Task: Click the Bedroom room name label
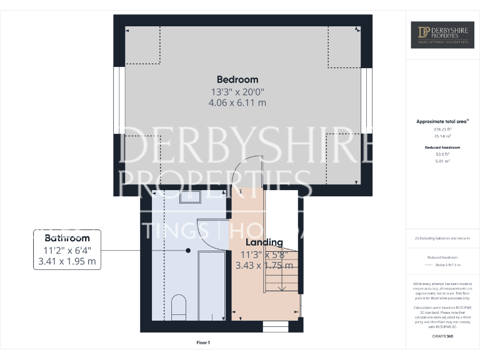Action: [237, 79]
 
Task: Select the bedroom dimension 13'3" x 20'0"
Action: [237, 91]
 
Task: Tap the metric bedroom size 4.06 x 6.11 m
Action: [237, 102]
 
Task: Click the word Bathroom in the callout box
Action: [67, 238]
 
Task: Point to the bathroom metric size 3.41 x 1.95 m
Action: [67, 262]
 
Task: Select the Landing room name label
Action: [264, 242]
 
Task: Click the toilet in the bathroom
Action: [178, 306]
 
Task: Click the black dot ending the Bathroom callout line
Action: [188, 250]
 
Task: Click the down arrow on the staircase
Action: [281, 287]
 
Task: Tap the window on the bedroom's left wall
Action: [117, 101]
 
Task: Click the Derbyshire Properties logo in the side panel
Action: [442, 35]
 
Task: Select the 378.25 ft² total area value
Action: [442, 129]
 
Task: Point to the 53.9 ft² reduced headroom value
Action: [442, 154]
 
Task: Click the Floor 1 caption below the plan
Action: [203, 342]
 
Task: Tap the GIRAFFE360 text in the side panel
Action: [442, 336]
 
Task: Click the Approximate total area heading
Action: [441, 121]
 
